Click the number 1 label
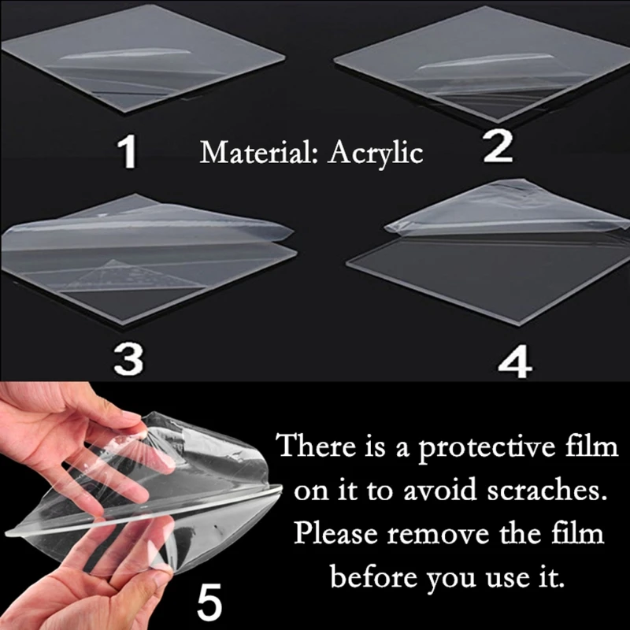128,151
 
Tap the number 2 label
498,146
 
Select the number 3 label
128,359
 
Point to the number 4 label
515,361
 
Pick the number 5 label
209,601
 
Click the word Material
258,152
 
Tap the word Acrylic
375,154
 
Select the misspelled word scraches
547,491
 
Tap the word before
372,577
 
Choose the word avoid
439,491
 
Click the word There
317,446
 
